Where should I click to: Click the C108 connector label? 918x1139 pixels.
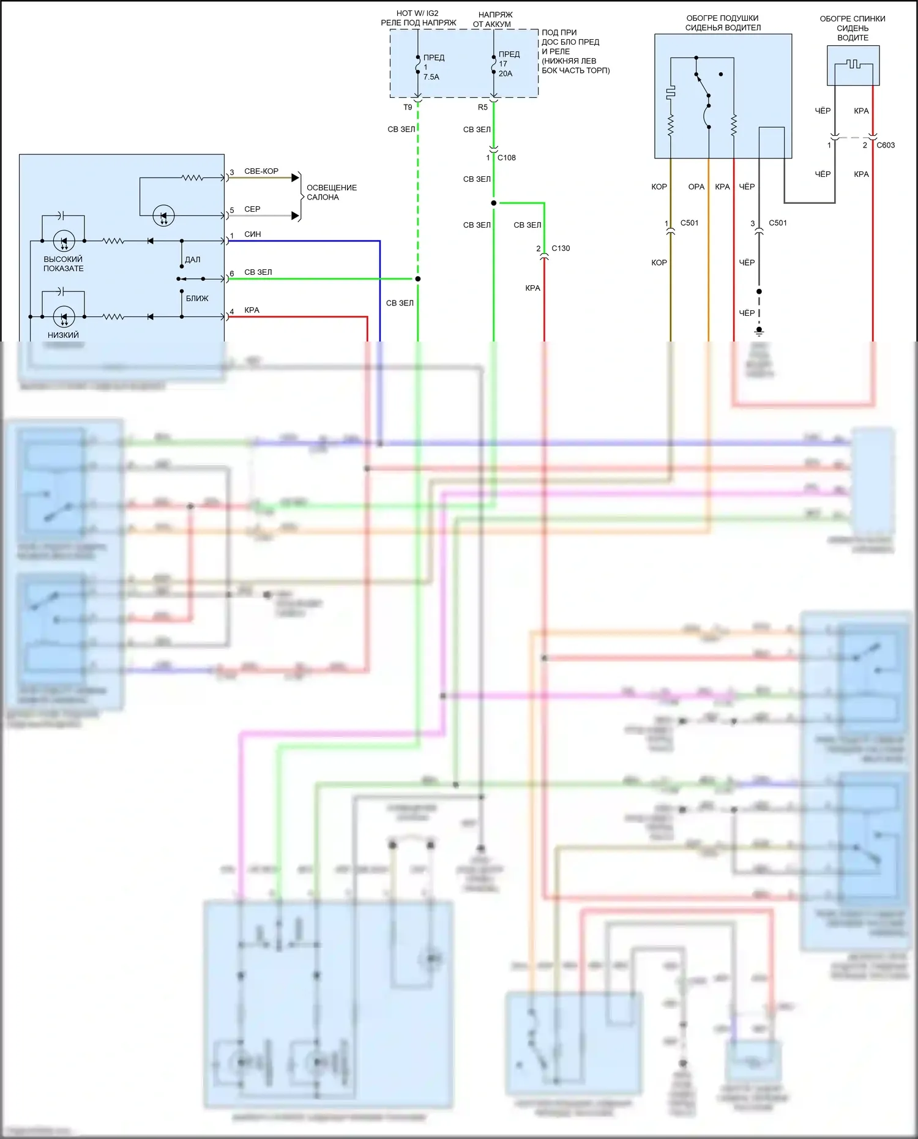click(x=506, y=158)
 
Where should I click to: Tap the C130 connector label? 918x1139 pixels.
click(x=561, y=248)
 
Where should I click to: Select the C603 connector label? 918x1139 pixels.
click(x=886, y=146)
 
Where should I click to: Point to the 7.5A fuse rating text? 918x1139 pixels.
click(x=431, y=77)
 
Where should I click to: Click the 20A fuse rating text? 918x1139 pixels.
click(x=506, y=73)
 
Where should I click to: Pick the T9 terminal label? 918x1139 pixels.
click(x=408, y=108)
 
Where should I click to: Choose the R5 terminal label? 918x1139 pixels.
click(x=483, y=108)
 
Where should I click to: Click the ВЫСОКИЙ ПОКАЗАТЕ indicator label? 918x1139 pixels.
click(x=63, y=264)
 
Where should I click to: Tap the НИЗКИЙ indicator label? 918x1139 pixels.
click(x=63, y=335)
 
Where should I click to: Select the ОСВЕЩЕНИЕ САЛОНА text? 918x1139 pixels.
click(x=331, y=192)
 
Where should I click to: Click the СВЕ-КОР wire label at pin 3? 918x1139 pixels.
click(x=261, y=171)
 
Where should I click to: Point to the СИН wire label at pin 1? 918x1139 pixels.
click(x=253, y=234)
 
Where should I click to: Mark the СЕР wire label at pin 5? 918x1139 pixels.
click(x=252, y=209)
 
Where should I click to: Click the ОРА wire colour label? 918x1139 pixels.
click(x=696, y=187)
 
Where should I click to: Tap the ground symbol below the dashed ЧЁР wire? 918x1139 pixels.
click(x=759, y=332)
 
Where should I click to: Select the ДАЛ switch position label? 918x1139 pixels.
click(x=193, y=260)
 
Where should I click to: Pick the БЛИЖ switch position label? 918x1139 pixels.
click(x=197, y=299)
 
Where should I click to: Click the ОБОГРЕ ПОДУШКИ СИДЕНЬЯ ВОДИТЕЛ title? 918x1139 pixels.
click(x=723, y=23)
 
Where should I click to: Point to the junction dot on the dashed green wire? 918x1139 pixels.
click(x=418, y=279)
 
